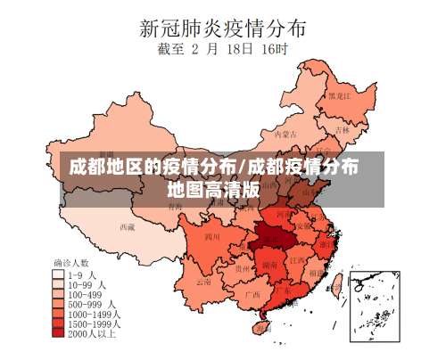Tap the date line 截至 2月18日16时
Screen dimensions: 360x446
pos(223,51)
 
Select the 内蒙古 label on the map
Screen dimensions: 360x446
pos(284,135)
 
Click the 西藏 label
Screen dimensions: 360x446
pos(128,226)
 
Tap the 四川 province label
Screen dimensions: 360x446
pos(211,237)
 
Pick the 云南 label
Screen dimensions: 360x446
pos(204,281)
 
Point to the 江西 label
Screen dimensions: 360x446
pos(298,259)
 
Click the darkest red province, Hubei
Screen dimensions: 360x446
pos(271,234)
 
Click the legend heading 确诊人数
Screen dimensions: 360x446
pos(71,263)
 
